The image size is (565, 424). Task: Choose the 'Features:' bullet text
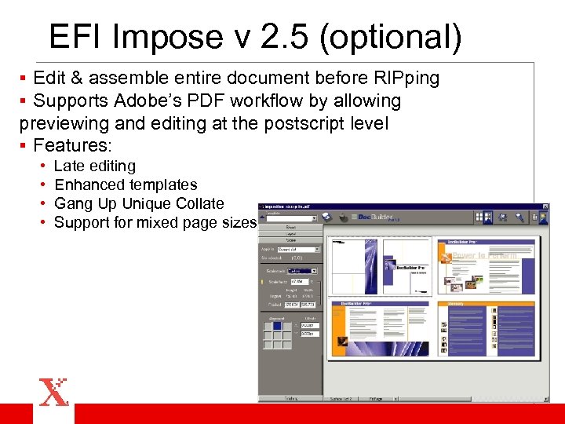(73, 145)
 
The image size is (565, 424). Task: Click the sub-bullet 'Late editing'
(94, 166)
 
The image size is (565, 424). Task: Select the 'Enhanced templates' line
(126, 185)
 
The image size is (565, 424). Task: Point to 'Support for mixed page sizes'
(155, 223)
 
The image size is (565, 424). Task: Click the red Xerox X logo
(53, 392)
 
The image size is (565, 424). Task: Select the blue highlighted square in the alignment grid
(277, 326)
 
